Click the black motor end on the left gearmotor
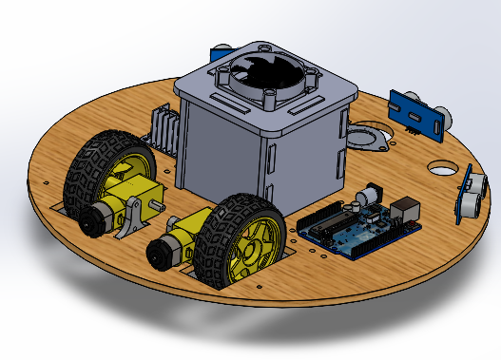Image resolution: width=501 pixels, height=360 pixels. coord(92,220)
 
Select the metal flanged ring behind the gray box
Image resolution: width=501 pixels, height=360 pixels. coord(366,139)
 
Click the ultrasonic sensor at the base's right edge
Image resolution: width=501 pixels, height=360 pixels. coord(470,194)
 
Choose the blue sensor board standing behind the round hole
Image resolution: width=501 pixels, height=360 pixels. coord(417,113)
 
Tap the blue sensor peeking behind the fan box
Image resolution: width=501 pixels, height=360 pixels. coord(222,48)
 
